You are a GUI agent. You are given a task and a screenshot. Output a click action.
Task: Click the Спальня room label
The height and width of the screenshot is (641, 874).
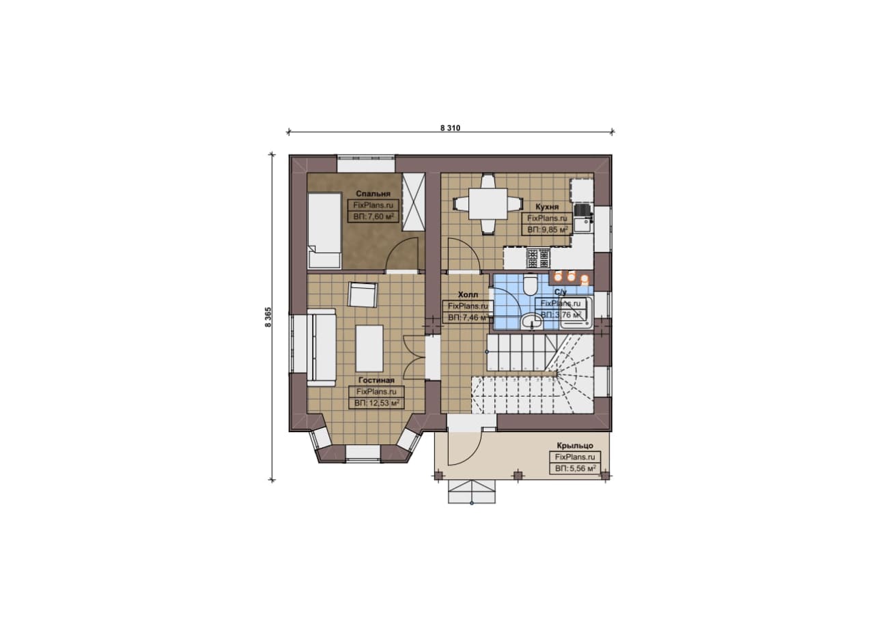[x=373, y=193]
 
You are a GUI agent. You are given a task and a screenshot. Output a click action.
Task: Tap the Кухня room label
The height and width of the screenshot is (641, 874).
[x=547, y=206]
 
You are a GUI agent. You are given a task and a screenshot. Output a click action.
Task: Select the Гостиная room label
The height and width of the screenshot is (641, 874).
[x=376, y=380]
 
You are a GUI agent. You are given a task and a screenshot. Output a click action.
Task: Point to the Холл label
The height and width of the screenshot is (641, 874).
[x=468, y=294]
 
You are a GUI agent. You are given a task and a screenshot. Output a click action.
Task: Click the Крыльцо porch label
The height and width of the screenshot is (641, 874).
[x=575, y=445]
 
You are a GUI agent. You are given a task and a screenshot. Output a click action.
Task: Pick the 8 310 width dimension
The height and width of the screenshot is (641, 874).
[x=450, y=128]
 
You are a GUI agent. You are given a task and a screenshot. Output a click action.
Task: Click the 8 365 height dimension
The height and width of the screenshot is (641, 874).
[x=268, y=317]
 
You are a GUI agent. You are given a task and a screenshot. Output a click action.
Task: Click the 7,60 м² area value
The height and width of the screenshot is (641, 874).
[x=381, y=216]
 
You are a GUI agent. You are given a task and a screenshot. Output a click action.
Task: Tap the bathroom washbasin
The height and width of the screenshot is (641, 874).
[x=532, y=322]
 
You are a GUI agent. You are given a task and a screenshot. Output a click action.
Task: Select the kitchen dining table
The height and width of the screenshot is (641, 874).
[x=488, y=204]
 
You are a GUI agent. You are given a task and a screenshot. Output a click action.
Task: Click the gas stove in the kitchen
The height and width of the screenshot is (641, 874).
[x=539, y=258]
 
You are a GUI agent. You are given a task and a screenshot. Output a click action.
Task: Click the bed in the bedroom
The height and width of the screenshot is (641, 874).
[x=324, y=231]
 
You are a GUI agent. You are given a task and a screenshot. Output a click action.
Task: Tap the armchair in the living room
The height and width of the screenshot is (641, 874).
[x=363, y=294]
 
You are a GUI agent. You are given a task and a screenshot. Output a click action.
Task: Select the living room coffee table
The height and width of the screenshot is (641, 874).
[x=369, y=348]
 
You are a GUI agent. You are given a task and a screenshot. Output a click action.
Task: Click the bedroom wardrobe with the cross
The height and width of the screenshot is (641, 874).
[x=413, y=203]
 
